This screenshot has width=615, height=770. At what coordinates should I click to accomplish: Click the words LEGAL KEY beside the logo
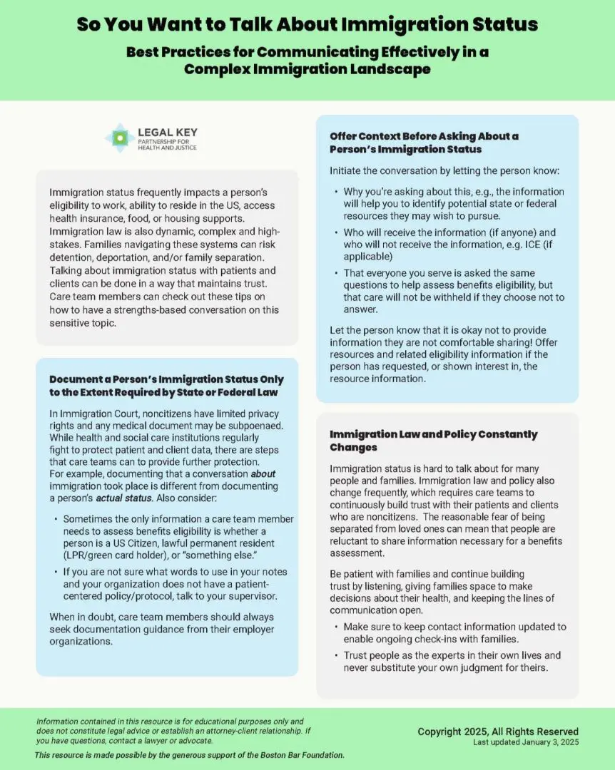[x=168, y=133]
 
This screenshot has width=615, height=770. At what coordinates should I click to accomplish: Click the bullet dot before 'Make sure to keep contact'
[x=335, y=627]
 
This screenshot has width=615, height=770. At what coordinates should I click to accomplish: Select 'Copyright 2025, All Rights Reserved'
[x=498, y=731]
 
